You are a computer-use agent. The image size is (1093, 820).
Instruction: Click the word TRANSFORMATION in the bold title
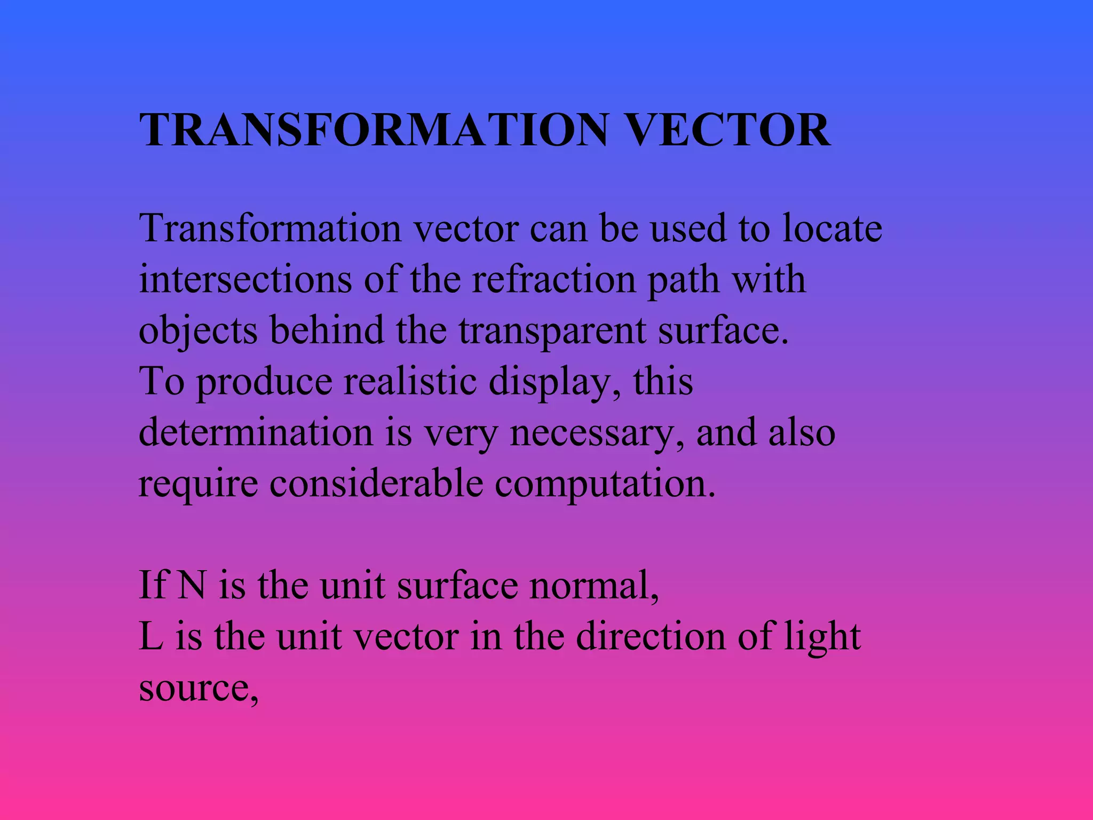pos(374,130)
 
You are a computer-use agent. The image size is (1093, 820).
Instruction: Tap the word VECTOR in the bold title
pos(727,130)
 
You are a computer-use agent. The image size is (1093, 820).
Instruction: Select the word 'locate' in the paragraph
pos(832,228)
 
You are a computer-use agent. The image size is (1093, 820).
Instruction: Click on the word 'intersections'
pos(245,280)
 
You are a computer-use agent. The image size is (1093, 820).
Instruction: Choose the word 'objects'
pos(198,330)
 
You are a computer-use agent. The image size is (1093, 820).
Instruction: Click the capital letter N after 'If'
pos(191,585)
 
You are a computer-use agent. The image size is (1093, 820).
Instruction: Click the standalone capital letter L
pos(151,636)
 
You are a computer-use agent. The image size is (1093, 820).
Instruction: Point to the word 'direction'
pos(651,636)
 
